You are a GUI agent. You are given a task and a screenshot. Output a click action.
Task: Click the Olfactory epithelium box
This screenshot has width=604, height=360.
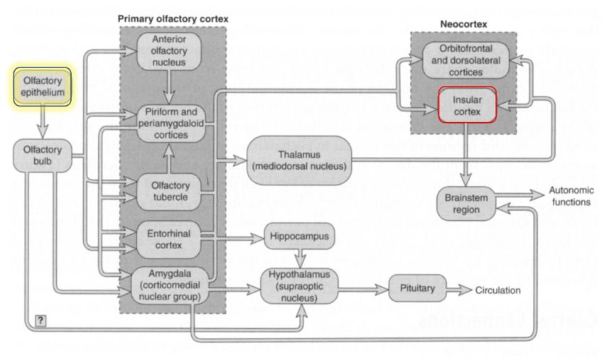42,87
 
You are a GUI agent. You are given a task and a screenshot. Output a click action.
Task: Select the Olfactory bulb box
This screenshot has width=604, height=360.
42,156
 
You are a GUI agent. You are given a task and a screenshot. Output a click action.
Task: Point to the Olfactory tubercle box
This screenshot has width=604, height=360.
171,190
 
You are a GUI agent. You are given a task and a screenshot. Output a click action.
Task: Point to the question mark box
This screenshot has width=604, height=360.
41,320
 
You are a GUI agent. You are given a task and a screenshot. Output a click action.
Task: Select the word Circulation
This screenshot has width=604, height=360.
498,290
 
